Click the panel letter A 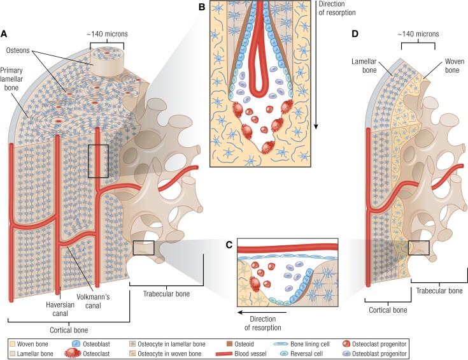point(4,34)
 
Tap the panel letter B point(202,7)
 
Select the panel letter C point(229,245)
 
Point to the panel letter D point(355,34)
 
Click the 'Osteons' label point(18,50)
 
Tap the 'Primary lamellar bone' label point(11,79)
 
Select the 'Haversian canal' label point(60,309)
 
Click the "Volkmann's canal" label point(93,301)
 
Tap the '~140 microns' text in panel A point(107,34)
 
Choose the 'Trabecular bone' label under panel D point(439,291)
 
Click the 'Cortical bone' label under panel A point(69,330)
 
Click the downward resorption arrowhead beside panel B point(315,126)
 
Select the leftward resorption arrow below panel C point(262,312)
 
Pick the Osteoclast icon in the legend point(73,354)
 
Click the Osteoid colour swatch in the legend point(229,344)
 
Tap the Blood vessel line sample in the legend point(223,354)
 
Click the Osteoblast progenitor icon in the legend point(346,354)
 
